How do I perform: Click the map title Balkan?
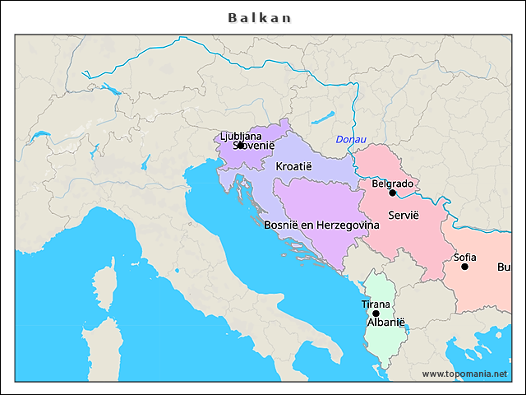[260, 17]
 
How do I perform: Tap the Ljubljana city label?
[241, 136]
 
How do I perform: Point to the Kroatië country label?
[293, 166]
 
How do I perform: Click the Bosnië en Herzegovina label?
[321, 224]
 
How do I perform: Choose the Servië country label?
[404, 214]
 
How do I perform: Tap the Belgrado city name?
[392, 184]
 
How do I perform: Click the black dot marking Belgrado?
[393, 193]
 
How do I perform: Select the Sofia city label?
[464, 257]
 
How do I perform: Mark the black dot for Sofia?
[465, 267]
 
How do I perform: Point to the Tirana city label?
[376, 304]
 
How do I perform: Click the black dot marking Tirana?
[376, 314]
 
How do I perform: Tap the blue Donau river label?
[351, 140]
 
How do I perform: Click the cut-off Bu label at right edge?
[503, 267]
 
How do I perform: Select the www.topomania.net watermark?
[464, 374]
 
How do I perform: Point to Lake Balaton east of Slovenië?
[323, 117]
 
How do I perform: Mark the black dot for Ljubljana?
[240, 145]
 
